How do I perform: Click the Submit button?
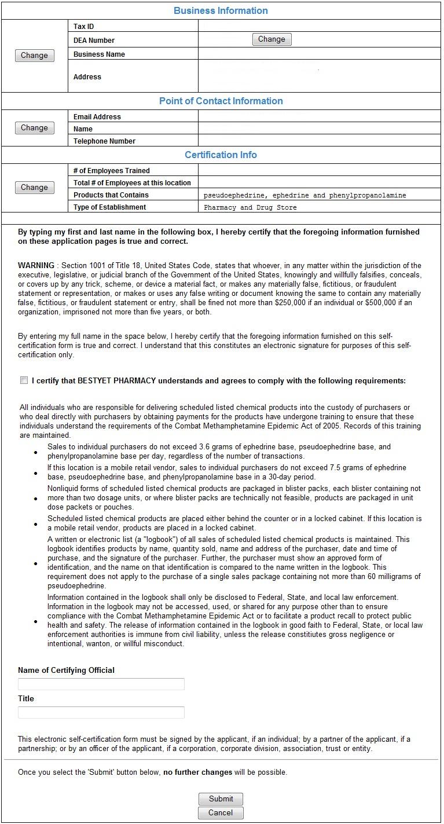221,799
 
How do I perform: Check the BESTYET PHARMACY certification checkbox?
24,380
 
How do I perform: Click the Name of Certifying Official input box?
101,684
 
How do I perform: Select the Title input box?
101,712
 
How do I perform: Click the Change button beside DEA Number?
271,39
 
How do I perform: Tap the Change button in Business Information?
34,56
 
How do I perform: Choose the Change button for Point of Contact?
34,128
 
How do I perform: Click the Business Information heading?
221,10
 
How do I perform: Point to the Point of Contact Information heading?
221,101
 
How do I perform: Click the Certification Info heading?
221,155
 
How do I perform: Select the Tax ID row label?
84,27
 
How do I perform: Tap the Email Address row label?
97,117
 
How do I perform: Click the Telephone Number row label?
104,141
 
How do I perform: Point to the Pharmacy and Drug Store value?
250,207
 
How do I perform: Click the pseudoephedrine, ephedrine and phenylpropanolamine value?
304,195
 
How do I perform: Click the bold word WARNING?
36,265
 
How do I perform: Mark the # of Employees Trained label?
112,171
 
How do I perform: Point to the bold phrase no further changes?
197,772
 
